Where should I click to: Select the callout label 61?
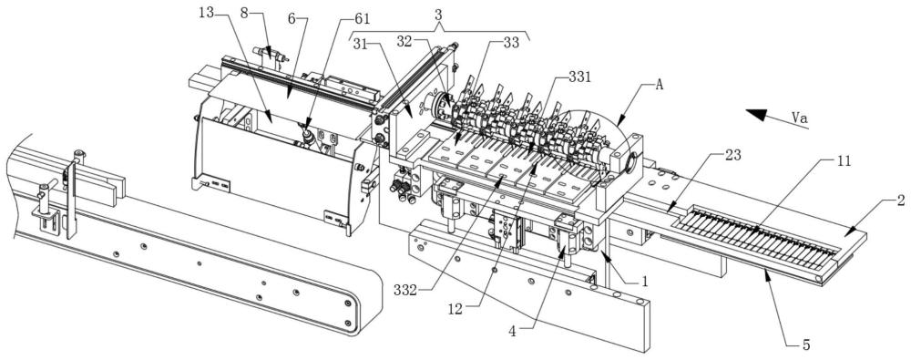pos(362,19)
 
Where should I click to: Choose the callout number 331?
pos(579,77)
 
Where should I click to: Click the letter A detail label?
pos(660,86)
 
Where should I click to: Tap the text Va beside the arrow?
pos(800,118)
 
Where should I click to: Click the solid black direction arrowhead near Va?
pos(757,115)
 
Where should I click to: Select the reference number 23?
pos(724,156)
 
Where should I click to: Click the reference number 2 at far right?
pos(901,201)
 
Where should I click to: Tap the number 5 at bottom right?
pos(806,345)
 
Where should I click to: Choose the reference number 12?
pos(455,309)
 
